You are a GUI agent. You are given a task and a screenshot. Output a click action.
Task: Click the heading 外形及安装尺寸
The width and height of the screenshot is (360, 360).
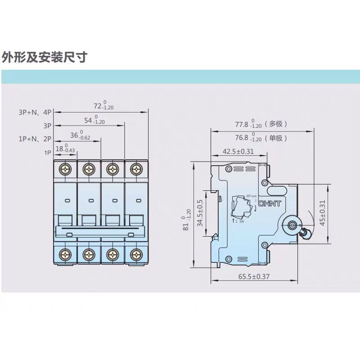tap(44, 57)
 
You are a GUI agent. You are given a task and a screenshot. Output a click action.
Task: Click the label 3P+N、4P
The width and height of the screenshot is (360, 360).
tap(36, 112)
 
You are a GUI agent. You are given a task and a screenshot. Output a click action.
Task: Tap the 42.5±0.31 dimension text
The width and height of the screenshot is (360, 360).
tap(238, 152)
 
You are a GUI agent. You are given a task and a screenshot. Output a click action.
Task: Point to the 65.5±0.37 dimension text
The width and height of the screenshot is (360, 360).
tap(253, 276)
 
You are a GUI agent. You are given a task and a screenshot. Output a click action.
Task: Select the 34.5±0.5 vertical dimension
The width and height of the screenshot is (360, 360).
tap(200, 213)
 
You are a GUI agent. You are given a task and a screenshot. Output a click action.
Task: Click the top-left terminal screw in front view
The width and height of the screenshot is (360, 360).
tap(66, 169)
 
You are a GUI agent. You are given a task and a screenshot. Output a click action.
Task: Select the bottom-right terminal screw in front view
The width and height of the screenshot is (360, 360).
tap(136, 254)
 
